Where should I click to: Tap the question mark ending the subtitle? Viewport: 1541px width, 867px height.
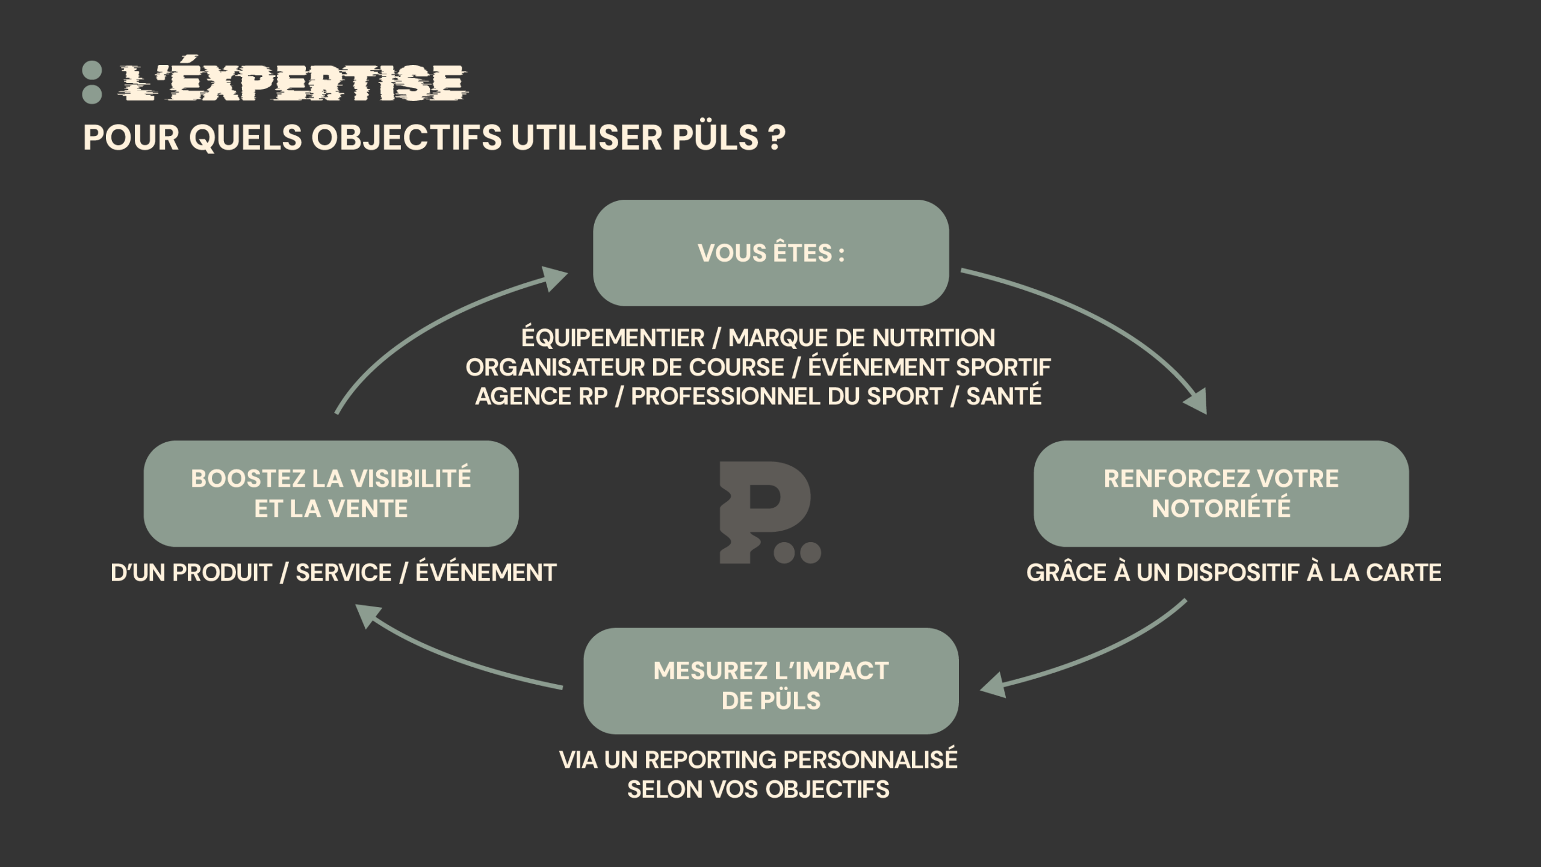pyautogui.click(x=777, y=138)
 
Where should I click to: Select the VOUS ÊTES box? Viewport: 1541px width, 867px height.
pyautogui.click(x=770, y=253)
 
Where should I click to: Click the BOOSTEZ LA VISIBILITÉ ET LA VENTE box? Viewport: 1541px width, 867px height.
pyautogui.click(x=330, y=493)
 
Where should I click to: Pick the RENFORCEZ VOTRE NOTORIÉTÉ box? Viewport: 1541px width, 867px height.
pyautogui.click(x=1221, y=493)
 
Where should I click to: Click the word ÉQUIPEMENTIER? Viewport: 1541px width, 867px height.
pyautogui.click(x=612, y=338)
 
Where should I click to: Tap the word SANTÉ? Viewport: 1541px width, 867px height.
pyautogui.click(x=1003, y=396)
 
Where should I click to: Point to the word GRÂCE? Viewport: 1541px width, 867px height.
pyautogui.click(x=1066, y=573)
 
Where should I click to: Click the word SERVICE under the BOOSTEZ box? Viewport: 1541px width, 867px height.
pyautogui.click(x=344, y=573)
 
